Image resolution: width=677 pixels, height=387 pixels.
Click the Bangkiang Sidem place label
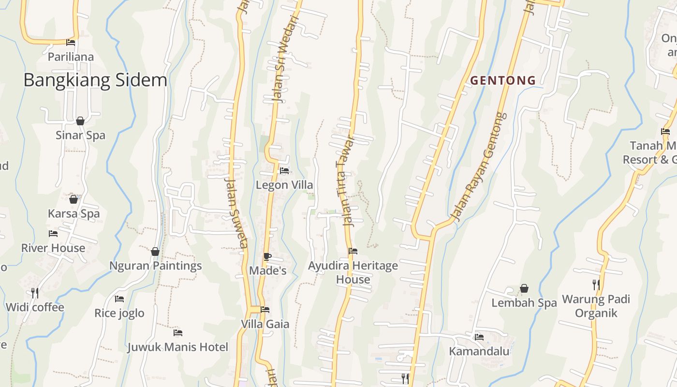(x=95, y=80)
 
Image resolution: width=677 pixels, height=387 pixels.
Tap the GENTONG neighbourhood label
(x=503, y=80)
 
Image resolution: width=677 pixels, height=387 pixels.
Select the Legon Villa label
(x=284, y=185)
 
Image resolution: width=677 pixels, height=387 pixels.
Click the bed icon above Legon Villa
(x=284, y=171)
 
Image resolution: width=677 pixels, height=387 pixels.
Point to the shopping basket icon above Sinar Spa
(x=80, y=121)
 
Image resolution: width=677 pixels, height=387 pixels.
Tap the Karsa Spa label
(x=74, y=214)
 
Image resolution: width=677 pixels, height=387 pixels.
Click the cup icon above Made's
(x=267, y=257)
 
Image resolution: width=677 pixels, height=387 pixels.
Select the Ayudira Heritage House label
(x=353, y=272)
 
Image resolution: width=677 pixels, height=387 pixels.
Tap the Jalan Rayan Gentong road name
(x=478, y=167)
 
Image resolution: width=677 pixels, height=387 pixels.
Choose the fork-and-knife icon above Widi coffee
(x=34, y=293)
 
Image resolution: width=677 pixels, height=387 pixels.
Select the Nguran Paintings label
(x=155, y=266)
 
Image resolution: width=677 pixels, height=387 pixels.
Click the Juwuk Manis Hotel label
(x=177, y=347)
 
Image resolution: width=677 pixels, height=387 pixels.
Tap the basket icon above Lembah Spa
(x=524, y=289)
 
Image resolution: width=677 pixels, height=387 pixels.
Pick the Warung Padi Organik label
(x=596, y=306)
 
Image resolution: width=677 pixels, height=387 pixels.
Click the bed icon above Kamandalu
(x=479, y=337)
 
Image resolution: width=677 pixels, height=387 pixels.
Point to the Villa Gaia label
(x=265, y=324)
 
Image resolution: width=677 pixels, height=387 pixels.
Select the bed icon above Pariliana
(x=71, y=43)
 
